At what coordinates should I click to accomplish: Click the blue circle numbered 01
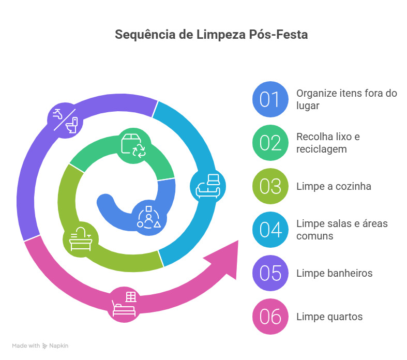270,99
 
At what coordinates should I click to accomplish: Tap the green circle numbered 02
270,143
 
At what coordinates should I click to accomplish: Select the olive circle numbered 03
270,186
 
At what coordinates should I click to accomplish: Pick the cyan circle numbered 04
270,230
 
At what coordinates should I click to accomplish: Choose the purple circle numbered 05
270,273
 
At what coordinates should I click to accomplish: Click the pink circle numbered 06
270,317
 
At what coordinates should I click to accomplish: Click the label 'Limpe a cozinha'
334,186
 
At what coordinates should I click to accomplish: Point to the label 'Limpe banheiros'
334,273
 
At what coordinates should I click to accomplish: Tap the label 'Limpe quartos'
329,317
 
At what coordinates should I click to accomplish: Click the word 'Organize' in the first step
315,94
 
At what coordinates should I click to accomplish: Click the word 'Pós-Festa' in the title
282,35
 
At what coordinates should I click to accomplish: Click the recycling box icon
134,144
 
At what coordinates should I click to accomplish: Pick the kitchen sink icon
81,239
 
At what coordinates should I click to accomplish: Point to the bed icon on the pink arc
124,304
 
